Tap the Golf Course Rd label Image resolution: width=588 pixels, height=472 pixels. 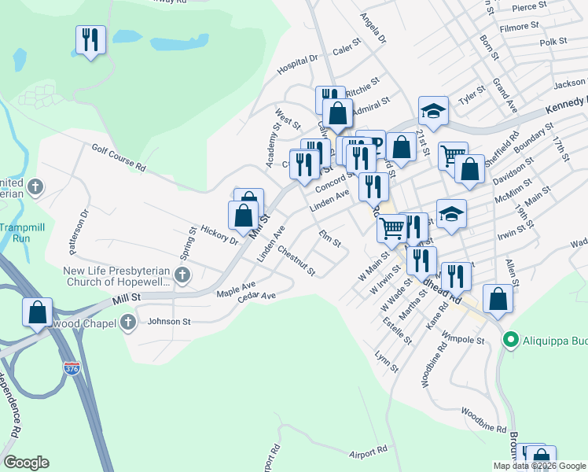[x=119, y=157]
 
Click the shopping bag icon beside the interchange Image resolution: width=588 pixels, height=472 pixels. [x=38, y=312]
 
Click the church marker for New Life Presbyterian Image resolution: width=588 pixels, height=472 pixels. [x=182, y=275]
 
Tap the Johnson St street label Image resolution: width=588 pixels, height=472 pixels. [x=170, y=321]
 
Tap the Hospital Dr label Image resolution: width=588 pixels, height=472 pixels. [x=296, y=65]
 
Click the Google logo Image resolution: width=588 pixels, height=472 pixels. [x=26, y=463]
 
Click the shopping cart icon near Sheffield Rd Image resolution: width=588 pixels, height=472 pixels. [x=452, y=155]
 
